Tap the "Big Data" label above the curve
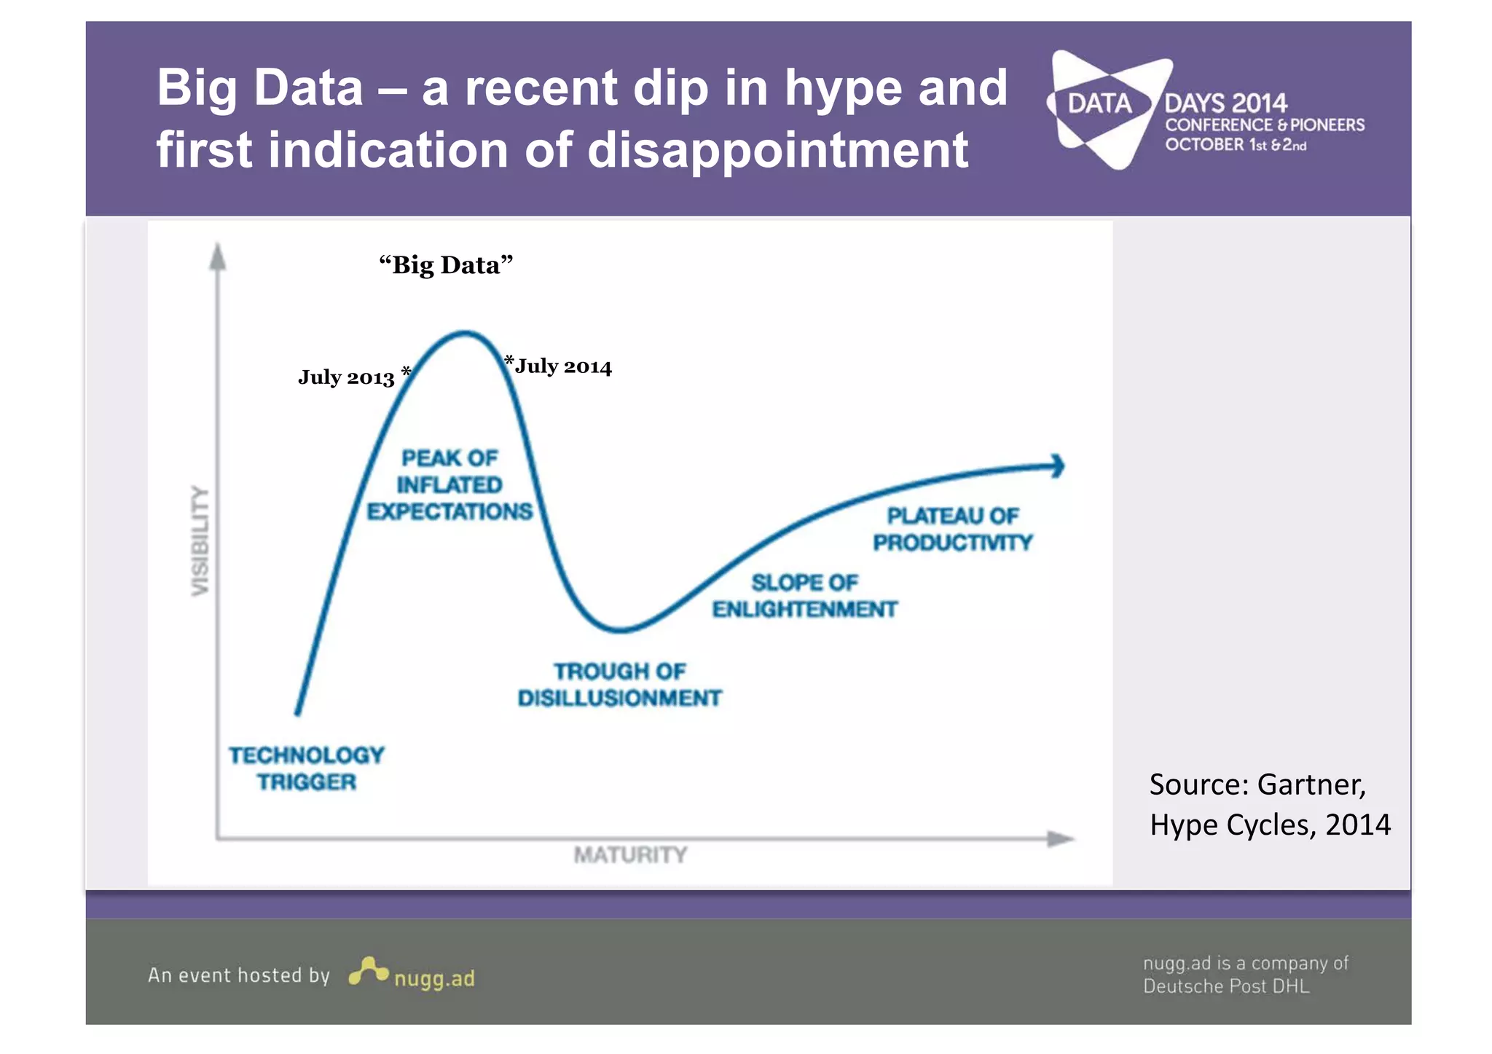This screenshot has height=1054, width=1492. coord(446,265)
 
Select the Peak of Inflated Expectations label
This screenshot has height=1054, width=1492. coord(449,485)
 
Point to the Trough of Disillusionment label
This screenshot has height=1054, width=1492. coord(619,685)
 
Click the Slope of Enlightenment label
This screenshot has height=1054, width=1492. coord(804,596)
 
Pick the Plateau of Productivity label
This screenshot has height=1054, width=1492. coord(953,530)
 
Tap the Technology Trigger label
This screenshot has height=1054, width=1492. coord(306,768)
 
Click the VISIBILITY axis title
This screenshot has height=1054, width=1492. coord(200,540)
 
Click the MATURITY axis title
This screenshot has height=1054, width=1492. coord(630,854)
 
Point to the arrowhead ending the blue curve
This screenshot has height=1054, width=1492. coord(1057,466)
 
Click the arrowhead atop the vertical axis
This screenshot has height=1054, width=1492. coord(217,256)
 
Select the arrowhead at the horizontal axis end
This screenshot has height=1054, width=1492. coord(1060,838)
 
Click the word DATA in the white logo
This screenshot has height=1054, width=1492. coord(1099,104)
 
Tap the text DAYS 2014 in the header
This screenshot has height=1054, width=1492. coord(1225,103)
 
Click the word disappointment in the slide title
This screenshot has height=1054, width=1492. coord(777,150)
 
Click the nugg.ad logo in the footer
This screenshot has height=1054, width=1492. coord(412,974)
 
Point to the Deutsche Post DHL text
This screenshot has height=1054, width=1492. coord(1225,986)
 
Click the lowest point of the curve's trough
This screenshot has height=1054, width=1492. coord(621,629)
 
